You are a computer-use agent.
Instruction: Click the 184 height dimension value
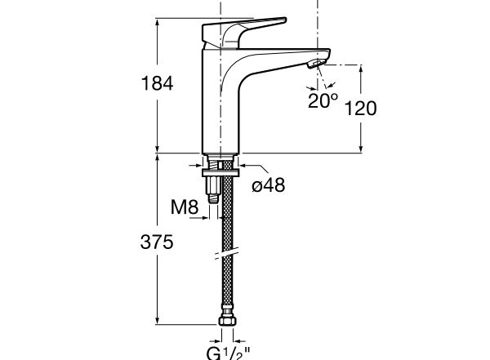pyautogui.click(x=158, y=83)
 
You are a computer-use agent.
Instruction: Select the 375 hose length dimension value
pyautogui.click(x=158, y=242)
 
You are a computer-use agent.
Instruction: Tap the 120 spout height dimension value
pyautogui.click(x=360, y=108)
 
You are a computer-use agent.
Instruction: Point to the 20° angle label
pyautogui.click(x=323, y=100)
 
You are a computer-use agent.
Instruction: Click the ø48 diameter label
pyautogui.click(x=268, y=185)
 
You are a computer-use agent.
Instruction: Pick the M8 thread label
pyautogui.click(x=185, y=207)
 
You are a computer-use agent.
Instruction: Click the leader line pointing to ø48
pyautogui.click(x=250, y=173)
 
